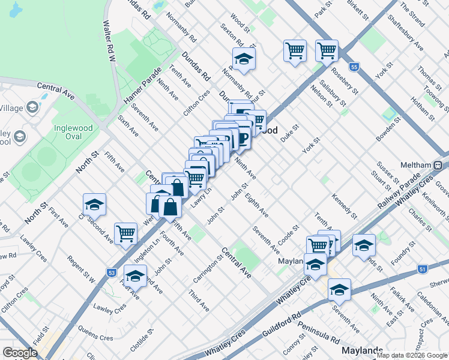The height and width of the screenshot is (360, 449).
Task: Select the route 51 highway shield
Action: coord(423,269)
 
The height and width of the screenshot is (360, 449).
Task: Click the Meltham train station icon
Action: coord(438,165)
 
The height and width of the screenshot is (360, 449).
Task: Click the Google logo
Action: coord(20,353)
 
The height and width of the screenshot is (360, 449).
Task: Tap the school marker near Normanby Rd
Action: coord(244,59)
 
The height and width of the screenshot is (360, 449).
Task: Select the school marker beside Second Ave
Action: coord(94,205)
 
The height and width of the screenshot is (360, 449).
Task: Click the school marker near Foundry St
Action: coord(364,245)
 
